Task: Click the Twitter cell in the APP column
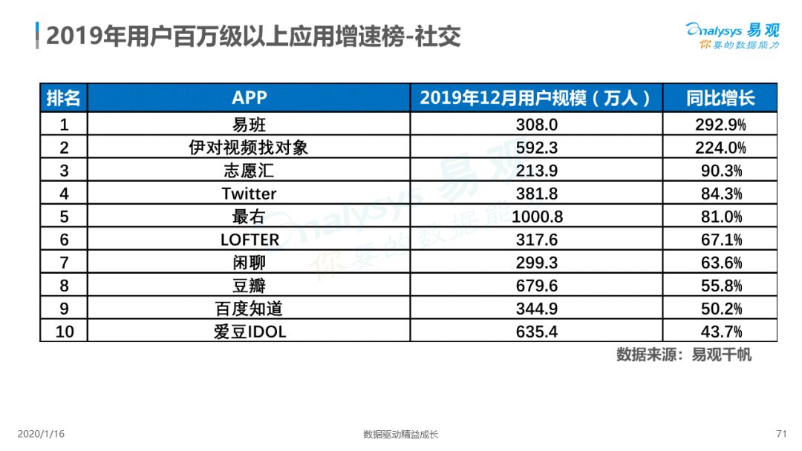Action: pos(249,194)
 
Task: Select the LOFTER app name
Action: pos(250,240)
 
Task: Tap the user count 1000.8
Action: pos(537,217)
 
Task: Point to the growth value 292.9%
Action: pos(720,125)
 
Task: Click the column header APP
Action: pos(249,97)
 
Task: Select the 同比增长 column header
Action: pos(720,98)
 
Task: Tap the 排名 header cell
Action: pos(63,98)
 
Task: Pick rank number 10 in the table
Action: pos(65,332)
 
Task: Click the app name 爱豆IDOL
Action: pos(250,332)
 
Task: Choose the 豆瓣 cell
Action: pos(249,286)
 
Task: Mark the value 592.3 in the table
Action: pos(537,148)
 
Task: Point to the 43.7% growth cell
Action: pos(721,332)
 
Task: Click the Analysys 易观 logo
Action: pos(732,36)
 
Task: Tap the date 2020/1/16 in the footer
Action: pos(41,434)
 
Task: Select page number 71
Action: pos(781,434)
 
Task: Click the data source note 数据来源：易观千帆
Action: pos(684,355)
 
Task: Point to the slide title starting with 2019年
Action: pos(253,36)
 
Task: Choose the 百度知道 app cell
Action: pos(249,309)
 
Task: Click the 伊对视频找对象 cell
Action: pos(249,148)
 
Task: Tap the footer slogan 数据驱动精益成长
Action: pos(400,435)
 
